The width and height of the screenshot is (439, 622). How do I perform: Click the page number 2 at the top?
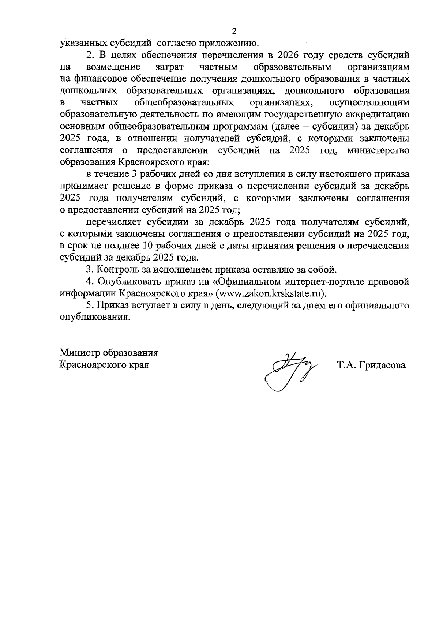tap(234, 31)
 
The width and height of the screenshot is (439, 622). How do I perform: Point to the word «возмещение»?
tap(114, 67)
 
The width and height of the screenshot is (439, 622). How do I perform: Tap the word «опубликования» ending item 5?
tap(95, 317)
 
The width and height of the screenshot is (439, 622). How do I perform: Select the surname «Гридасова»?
tap(382, 365)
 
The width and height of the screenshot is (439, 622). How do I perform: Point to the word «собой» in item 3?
tap(324, 270)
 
